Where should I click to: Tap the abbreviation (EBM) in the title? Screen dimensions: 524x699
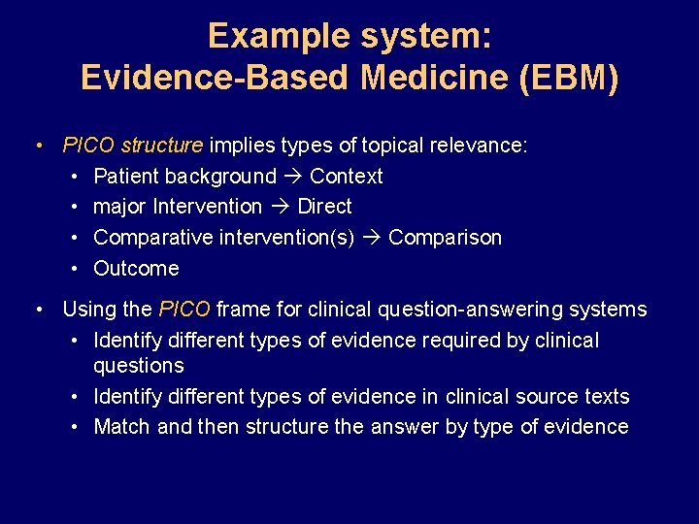[568, 77]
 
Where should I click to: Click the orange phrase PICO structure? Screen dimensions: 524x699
[132, 146]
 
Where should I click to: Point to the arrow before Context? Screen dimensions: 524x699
[293, 177]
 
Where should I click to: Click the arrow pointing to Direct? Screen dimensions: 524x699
[280, 207]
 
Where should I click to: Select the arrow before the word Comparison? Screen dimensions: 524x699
[372, 238]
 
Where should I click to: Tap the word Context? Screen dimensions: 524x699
[346, 177]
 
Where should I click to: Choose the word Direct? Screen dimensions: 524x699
[324, 207]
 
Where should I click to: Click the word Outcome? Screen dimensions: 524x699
[136, 269]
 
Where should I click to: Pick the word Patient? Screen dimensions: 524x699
[126, 177]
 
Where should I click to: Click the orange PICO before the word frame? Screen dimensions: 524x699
[184, 310]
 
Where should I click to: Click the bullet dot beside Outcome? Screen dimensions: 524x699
[76, 269]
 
